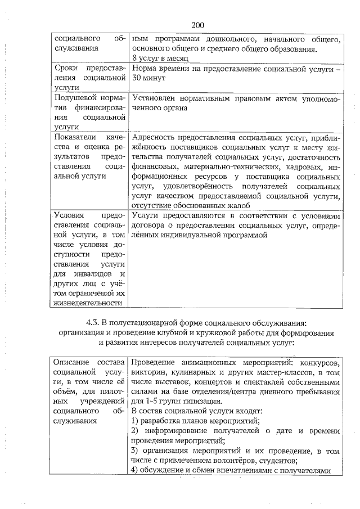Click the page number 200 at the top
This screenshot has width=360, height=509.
click(197, 25)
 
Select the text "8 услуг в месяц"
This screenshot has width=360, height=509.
click(160, 58)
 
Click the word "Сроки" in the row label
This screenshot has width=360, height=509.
click(66, 69)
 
